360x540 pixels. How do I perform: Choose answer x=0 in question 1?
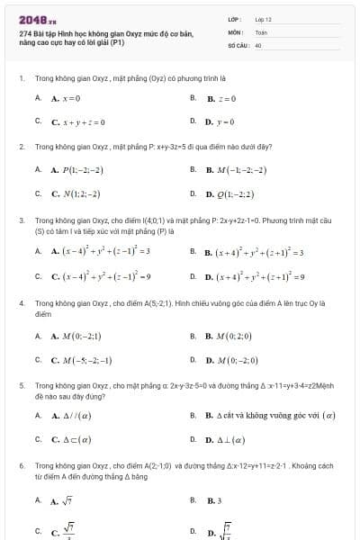[67, 97]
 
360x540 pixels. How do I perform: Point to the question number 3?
[21, 219]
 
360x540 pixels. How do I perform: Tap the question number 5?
[21, 383]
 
